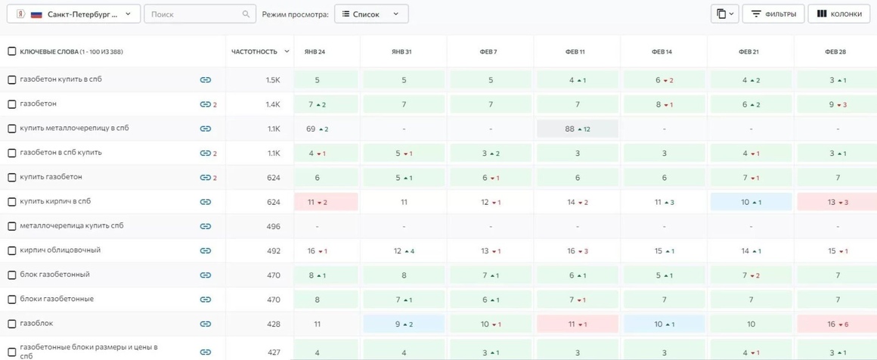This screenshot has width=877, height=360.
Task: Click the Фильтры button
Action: (x=773, y=14)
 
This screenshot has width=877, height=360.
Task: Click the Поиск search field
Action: (x=199, y=14)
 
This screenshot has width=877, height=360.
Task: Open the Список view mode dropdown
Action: (x=371, y=14)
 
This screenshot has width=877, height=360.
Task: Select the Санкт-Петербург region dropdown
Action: (x=73, y=14)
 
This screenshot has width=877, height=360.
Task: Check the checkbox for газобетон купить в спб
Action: (x=12, y=80)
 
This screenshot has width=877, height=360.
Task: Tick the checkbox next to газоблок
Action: (x=12, y=324)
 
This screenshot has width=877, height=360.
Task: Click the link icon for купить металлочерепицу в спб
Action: (x=206, y=129)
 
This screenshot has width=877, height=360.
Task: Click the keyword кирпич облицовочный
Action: (x=60, y=250)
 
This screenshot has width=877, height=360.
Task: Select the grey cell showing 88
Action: (x=577, y=129)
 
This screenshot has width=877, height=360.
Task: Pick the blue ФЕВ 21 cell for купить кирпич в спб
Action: (x=751, y=202)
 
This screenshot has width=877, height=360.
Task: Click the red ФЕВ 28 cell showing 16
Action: (x=837, y=324)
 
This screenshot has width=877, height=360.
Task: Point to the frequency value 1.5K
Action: (x=273, y=80)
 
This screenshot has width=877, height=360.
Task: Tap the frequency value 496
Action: (x=274, y=226)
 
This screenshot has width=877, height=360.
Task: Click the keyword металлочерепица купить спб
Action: (x=72, y=225)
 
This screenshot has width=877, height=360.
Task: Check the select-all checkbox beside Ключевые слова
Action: (x=12, y=51)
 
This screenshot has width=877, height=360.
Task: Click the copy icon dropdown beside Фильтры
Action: (x=725, y=14)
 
